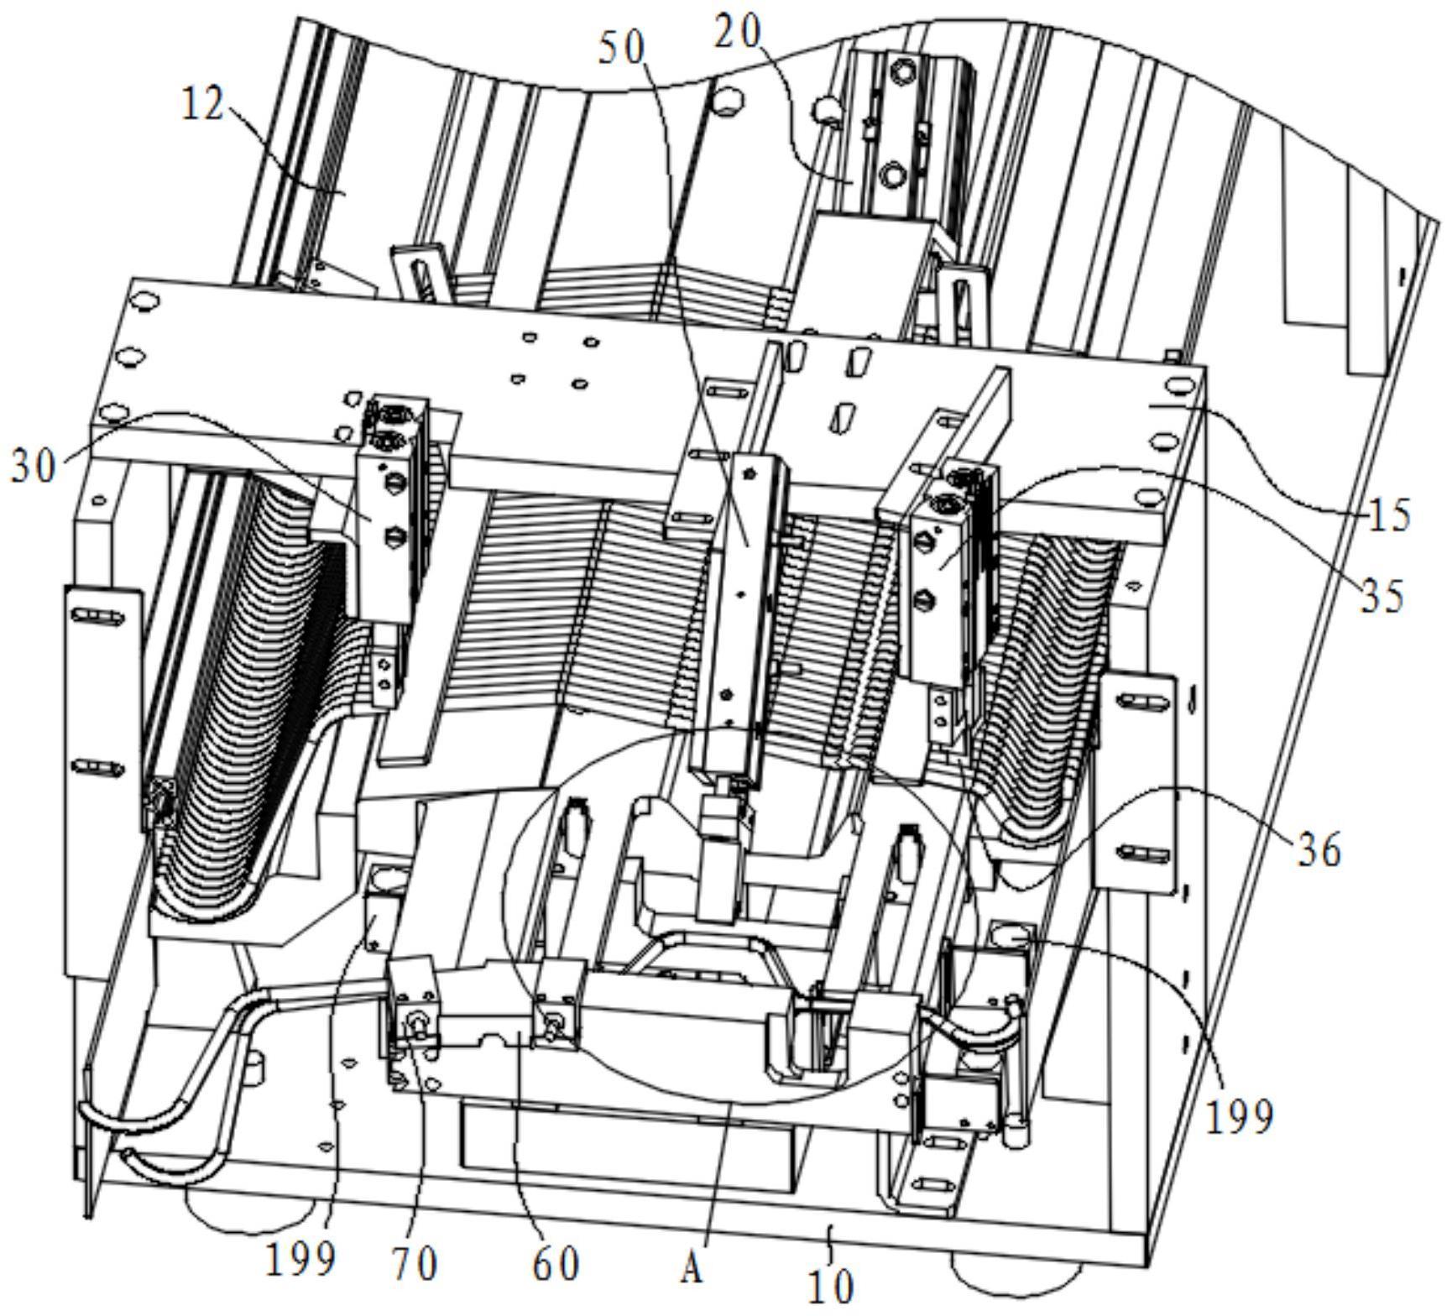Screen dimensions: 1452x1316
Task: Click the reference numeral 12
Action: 203,105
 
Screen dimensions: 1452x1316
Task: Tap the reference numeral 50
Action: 621,49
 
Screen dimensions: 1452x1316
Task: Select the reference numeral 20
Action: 739,33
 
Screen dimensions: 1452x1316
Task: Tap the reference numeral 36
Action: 1320,849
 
